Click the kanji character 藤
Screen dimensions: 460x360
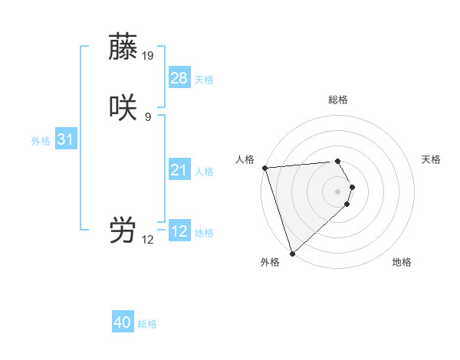(123, 46)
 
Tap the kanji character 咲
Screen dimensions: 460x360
(123, 107)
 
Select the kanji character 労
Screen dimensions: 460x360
(123, 230)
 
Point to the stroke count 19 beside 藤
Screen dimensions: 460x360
(148, 55)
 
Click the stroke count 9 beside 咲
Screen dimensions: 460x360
(148, 116)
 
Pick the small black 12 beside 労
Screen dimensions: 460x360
(148, 240)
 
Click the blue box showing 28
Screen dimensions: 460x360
(179, 78)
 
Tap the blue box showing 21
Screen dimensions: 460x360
(179, 170)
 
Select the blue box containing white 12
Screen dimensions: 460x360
(179, 231)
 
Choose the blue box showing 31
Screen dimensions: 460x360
(65, 139)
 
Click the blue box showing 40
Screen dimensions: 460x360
(123, 322)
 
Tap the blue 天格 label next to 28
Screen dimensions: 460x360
(204, 80)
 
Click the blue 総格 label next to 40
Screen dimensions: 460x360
(147, 324)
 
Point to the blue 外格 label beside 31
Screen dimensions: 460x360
(41, 141)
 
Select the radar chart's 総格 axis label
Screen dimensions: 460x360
(338, 100)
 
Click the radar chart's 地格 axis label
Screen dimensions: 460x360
(402, 262)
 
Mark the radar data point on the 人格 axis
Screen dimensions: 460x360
(264, 168)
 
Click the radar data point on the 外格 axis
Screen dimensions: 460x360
(292, 253)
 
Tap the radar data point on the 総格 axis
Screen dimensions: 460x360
(338, 162)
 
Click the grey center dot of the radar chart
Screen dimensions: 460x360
(338, 191)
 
